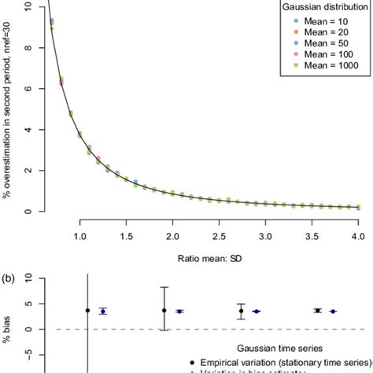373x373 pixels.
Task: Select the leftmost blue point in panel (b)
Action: tap(103, 312)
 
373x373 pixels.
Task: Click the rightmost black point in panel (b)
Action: tap(317, 311)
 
